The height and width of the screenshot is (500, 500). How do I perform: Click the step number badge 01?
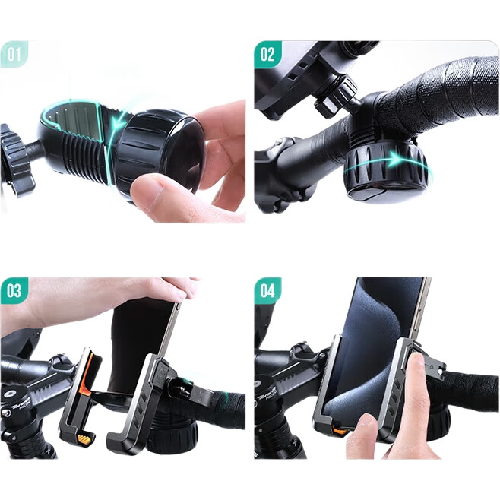[14, 54]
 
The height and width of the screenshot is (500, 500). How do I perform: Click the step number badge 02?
[267, 54]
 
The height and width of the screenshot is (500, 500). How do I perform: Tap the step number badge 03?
[14, 290]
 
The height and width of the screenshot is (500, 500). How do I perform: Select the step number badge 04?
[267, 290]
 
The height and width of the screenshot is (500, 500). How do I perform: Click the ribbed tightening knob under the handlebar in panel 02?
[386, 171]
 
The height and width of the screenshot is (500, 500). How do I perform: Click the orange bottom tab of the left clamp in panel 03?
[86, 438]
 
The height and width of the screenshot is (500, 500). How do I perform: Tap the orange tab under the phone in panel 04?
[340, 430]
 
